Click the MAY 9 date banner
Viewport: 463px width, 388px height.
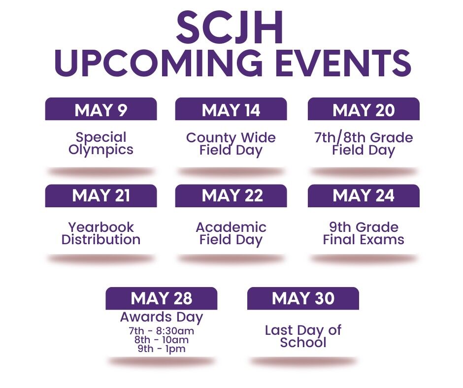(101, 110)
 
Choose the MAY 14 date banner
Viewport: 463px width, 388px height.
(231, 110)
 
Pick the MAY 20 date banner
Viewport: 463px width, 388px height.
(364, 110)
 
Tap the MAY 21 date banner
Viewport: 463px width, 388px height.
(101, 196)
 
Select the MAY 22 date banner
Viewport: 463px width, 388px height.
(231, 196)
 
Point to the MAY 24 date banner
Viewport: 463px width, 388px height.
(364, 196)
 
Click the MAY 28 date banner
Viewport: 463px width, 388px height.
(162, 298)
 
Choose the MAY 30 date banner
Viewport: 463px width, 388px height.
(303, 298)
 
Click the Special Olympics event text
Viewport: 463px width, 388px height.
(101, 143)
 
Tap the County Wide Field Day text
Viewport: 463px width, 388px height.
(231, 144)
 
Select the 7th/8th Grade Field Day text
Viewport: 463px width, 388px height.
(364, 144)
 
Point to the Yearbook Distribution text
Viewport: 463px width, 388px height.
(101, 233)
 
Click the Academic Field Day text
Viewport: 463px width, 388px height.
(231, 233)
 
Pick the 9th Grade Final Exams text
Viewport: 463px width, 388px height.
(364, 233)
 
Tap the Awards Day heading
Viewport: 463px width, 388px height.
(162, 317)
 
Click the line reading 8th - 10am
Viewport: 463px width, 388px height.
(162, 340)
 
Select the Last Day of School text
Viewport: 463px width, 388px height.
(303, 336)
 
